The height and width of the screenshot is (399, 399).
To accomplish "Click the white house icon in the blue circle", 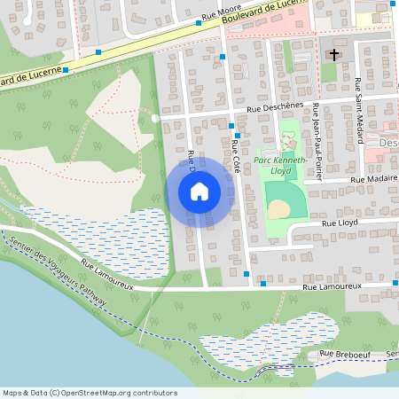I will click(x=199, y=191).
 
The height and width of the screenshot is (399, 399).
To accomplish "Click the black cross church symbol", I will click(x=334, y=55).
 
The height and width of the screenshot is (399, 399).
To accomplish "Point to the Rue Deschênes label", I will click(x=276, y=109).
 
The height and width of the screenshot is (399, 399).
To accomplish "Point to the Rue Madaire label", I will click(x=373, y=179).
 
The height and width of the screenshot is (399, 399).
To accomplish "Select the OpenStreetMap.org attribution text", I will click(x=90, y=393).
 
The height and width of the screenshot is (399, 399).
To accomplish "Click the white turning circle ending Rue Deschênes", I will click(x=155, y=117).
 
